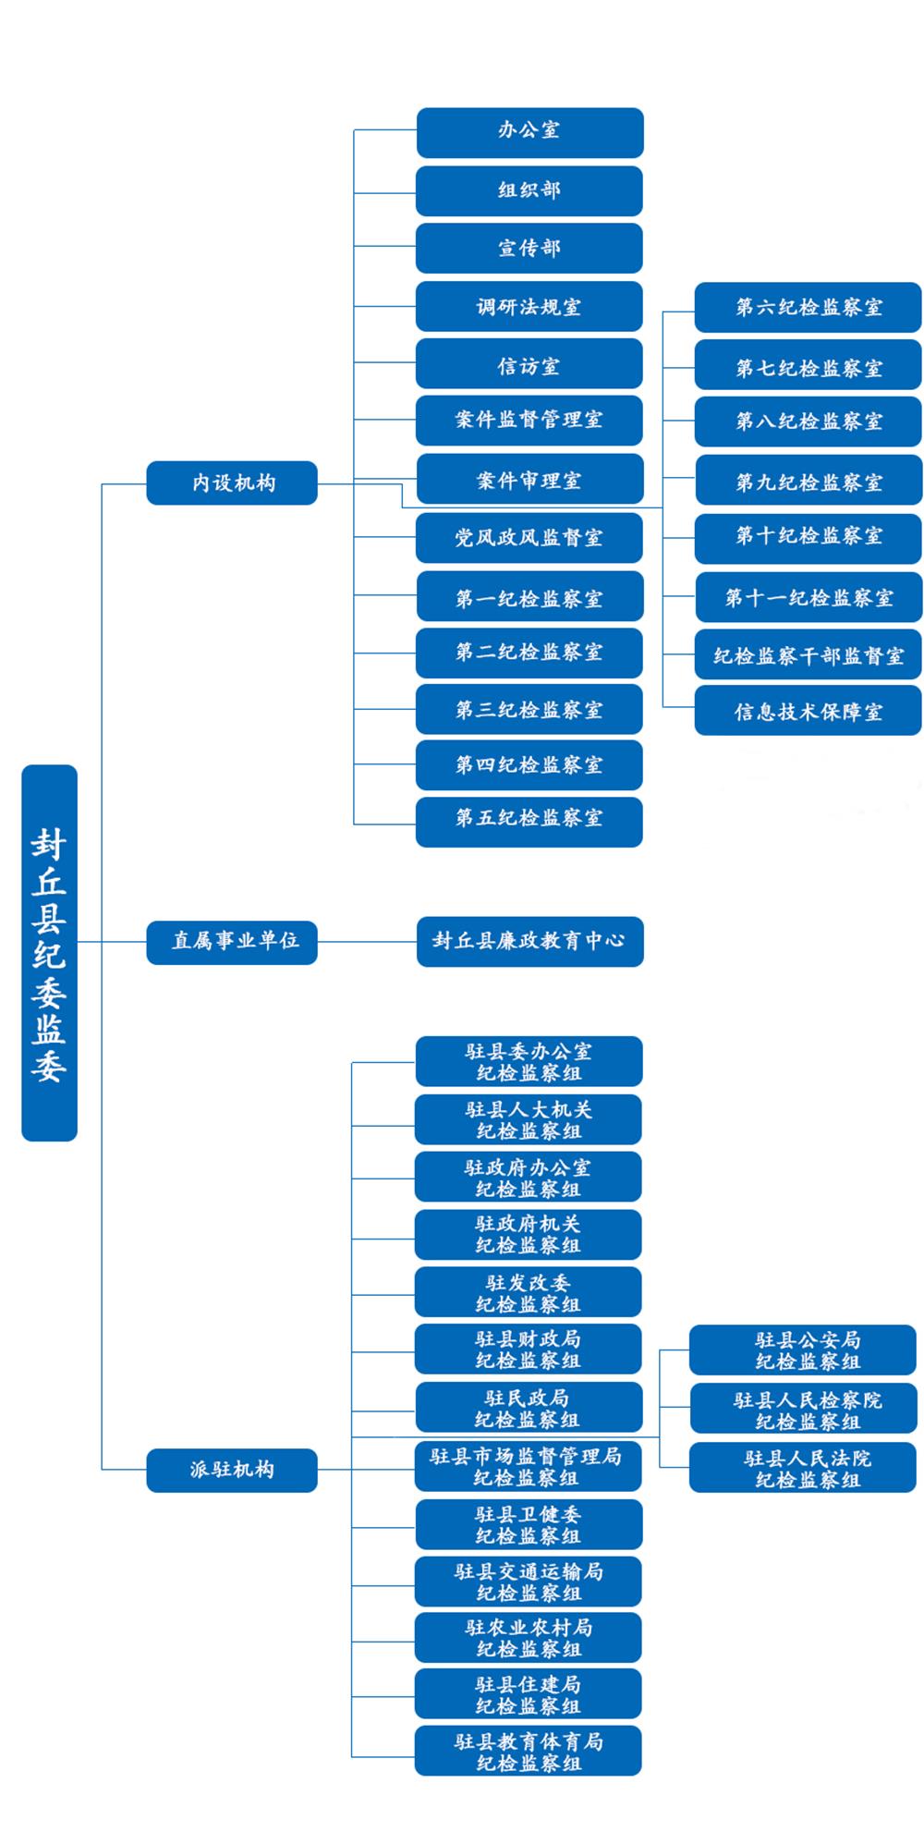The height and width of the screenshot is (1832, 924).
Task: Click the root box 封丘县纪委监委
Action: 49,952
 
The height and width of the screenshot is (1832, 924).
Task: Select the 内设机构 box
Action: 232,482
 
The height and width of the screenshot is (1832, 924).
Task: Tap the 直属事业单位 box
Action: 232,942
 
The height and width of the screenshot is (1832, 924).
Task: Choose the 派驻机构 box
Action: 232,1470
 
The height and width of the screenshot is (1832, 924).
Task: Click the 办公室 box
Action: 529,132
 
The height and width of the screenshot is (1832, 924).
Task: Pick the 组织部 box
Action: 529,190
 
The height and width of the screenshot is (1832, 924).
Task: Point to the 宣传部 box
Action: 529,249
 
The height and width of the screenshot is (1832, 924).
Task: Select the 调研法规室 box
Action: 529,307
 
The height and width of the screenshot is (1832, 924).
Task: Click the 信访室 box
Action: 529,364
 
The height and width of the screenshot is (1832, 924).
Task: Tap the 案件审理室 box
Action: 529,479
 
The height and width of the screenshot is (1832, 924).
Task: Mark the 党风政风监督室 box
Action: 529,538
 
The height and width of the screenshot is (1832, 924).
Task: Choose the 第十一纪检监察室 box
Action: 808,598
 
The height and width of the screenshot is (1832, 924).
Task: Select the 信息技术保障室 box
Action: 808,711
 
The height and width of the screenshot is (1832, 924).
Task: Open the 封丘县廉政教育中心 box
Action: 529,942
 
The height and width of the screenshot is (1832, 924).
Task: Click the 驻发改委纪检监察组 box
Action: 529,1292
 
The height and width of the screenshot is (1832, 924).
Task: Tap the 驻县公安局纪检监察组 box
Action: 803,1350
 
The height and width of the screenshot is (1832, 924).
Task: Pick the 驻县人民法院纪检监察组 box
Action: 803,1467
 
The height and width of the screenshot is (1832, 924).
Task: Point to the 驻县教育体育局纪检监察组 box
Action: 529,1751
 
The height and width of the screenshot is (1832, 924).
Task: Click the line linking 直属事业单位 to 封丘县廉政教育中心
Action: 367,942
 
